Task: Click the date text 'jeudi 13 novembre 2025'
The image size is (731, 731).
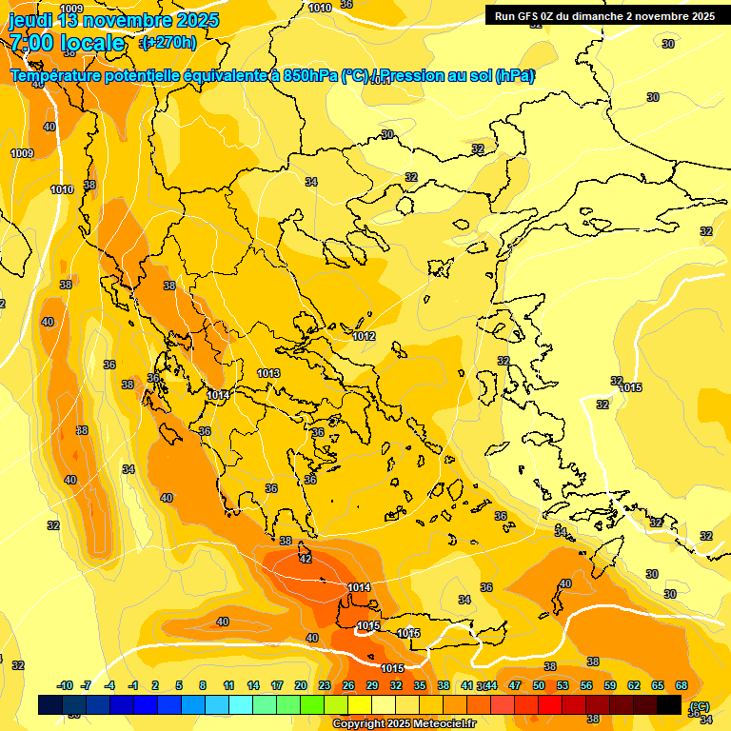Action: (x=113, y=20)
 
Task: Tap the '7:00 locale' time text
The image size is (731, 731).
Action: (x=67, y=43)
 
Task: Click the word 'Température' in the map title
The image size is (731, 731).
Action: (x=57, y=76)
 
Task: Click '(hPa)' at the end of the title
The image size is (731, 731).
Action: (x=514, y=76)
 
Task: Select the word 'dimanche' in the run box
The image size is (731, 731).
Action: (x=608, y=16)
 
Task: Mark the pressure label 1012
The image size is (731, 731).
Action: (x=364, y=336)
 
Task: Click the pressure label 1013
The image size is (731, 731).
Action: (x=268, y=373)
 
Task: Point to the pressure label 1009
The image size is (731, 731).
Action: (x=22, y=153)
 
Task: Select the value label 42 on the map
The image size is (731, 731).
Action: (x=306, y=559)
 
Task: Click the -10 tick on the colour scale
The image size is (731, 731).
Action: (x=65, y=685)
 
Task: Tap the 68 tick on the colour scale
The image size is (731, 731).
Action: (x=682, y=685)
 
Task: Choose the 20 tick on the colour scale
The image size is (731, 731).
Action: (x=300, y=685)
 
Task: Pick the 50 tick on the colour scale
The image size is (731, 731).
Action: (x=539, y=685)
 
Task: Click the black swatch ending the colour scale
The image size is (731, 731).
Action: (x=669, y=704)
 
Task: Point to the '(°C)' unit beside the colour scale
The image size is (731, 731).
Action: (x=700, y=705)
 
